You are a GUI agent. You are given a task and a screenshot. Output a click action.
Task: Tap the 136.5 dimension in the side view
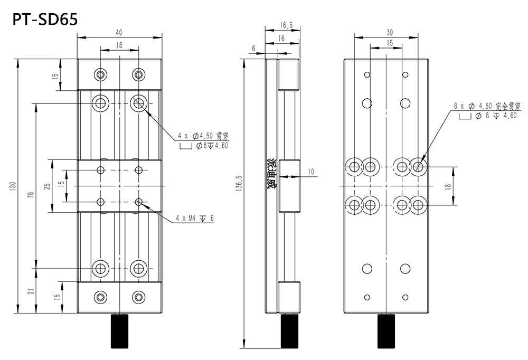tap(239, 186)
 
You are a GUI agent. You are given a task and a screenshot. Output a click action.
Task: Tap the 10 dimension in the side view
tap(310, 171)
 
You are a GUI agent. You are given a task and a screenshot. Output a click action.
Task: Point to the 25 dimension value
tap(46, 186)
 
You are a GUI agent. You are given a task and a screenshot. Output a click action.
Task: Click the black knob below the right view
tap(386, 331)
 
